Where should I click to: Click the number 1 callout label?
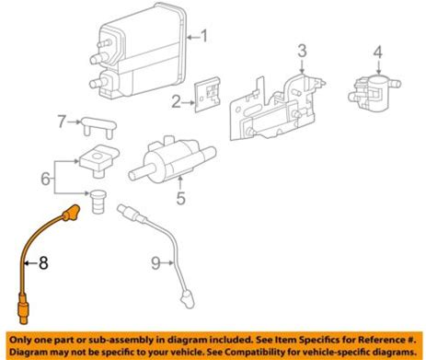203,36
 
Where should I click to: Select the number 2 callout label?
176,102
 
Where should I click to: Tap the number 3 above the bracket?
302,51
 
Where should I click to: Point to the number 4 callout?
378,52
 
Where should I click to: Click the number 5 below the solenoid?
181,198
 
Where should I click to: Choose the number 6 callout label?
46,179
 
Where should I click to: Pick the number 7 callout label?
62,122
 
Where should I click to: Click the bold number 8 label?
43,263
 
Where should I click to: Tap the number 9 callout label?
155,263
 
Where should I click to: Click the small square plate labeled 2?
208,95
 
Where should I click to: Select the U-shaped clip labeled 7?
99,127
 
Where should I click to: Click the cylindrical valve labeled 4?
374,89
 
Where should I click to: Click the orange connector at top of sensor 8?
71,213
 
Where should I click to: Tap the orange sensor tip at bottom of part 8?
23,308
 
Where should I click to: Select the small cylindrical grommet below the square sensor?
98,202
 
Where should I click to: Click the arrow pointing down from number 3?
302,66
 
